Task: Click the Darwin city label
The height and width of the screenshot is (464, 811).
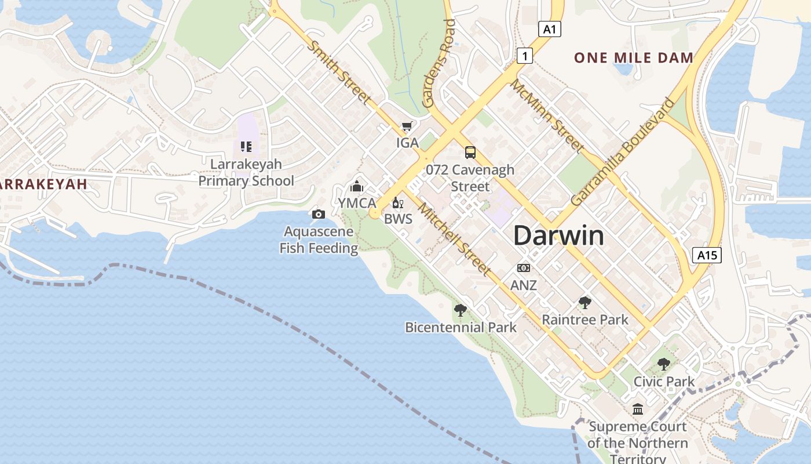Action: (558, 235)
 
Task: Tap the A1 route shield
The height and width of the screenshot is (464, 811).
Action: (550, 29)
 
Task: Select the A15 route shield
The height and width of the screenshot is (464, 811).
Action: (707, 255)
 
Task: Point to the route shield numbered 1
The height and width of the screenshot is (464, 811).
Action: (524, 56)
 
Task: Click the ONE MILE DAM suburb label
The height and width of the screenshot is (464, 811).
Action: (634, 57)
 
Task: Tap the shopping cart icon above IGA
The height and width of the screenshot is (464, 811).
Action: (407, 126)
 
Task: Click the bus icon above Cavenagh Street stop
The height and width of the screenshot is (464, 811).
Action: (470, 153)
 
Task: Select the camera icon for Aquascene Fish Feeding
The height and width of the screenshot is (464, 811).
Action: (318, 215)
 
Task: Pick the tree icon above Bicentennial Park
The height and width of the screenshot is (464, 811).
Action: (460, 310)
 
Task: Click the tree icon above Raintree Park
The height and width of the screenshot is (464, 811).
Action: (584, 302)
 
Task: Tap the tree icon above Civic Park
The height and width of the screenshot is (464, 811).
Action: (663, 364)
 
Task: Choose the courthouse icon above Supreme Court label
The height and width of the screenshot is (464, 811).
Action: (638, 409)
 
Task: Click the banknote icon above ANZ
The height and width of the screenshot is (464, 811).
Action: (523, 268)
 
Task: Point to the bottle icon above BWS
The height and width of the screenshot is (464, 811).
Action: (397, 202)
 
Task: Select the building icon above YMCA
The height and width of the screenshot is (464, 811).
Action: (357, 186)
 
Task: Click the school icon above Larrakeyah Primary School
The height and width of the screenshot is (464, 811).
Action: (246, 147)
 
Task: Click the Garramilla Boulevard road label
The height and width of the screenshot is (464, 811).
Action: (623, 152)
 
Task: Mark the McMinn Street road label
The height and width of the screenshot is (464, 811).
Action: (546, 115)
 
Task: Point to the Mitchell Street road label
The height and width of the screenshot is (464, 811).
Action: (454, 238)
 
